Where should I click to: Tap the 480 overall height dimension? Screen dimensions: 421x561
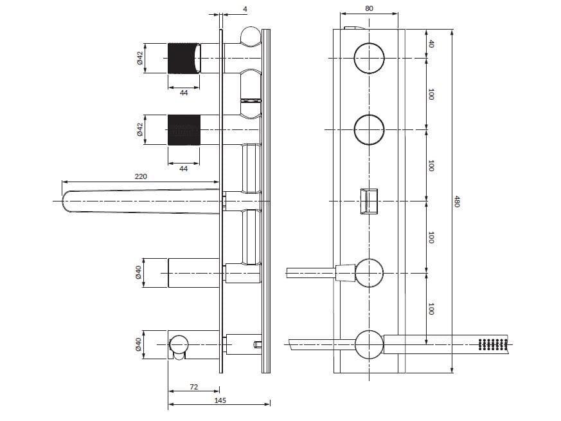(458, 201)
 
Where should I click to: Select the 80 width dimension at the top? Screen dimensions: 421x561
(368, 8)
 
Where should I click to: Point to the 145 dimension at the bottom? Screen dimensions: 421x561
(220, 400)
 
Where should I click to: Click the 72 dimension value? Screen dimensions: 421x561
(193, 388)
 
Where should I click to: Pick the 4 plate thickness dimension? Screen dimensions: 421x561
(246, 8)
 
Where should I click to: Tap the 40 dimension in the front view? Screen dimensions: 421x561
(431, 44)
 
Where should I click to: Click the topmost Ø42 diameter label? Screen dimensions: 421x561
(139, 59)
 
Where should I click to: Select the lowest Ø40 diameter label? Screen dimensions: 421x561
(138, 345)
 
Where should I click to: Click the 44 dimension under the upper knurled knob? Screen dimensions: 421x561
(184, 93)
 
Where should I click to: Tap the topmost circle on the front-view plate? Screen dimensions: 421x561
(369, 58)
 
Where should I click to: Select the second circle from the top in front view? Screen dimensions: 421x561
(369, 129)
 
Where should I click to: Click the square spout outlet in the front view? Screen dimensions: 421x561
(369, 200)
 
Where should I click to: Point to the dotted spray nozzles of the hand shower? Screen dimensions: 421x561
(493, 344)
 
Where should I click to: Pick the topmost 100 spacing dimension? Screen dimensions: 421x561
(431, 94)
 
